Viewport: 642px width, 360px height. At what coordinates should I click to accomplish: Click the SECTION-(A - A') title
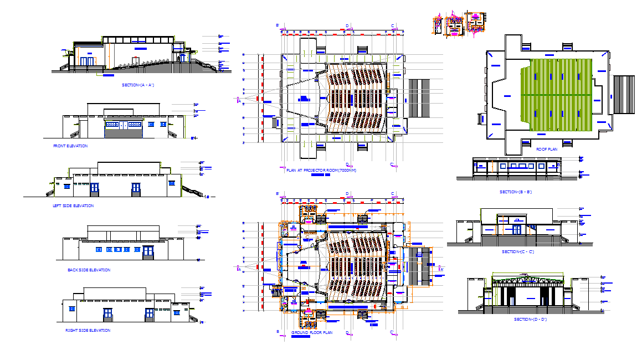pos(137,85)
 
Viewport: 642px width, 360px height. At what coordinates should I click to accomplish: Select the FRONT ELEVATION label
pos(70,146)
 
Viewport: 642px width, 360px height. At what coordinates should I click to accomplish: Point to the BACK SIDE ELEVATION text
pos(89,270)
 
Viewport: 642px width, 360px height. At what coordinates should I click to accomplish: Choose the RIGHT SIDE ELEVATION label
pos(88,331)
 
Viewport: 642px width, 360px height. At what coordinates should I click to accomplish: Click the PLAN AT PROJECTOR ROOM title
pos(321,170)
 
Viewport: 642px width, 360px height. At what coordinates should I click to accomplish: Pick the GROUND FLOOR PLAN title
pos(312,333)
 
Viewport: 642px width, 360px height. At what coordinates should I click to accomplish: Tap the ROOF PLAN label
pos(547,149)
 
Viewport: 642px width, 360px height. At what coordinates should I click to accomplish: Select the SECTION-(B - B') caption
pos(515,192)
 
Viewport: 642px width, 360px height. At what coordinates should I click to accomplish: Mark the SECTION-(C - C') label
pos(517,252)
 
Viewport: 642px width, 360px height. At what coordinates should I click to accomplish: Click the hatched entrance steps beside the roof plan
pos(623,95)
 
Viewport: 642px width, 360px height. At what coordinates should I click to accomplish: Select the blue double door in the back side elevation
pos(148,253)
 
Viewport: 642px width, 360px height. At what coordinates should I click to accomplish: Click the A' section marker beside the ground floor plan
pos(441,269)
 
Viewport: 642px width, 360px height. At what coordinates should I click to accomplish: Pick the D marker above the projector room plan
pos(347,26)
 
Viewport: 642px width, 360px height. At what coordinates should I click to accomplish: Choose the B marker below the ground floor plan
pos(277,332)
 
